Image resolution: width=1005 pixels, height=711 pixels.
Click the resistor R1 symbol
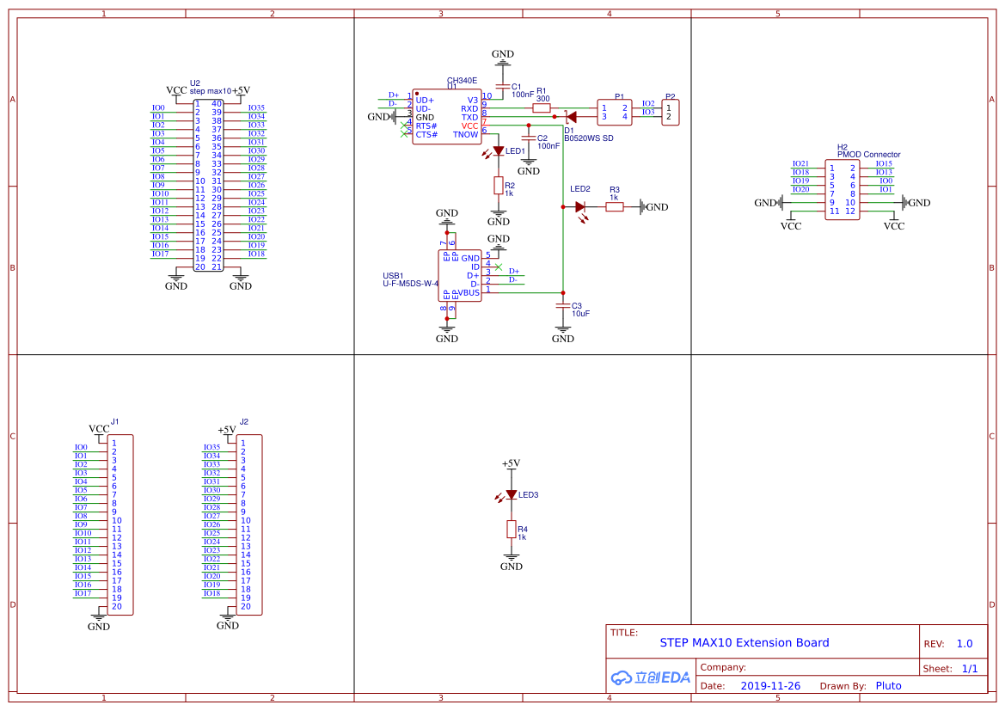click(542, 108)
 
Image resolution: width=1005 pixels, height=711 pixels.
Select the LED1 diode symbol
click(498, 151)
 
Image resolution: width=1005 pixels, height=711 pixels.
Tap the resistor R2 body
click(498, 185)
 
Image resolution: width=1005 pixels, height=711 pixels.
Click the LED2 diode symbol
click(580, 206)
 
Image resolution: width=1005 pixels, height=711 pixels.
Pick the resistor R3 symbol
click(615, 206)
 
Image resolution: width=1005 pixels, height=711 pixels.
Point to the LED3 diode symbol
click(511, 494)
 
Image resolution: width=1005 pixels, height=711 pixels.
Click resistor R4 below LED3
click(511, 529)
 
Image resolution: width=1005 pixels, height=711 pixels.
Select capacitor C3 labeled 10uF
click(563, 305)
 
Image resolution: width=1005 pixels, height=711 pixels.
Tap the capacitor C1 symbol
click(503, 86)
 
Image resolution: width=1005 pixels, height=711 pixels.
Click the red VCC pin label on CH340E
click(469, 126)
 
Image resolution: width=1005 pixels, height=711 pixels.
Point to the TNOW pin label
click(465, 134)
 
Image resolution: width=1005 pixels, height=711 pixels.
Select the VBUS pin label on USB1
click(469, 293)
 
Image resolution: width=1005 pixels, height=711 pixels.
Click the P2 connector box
click(670, 112)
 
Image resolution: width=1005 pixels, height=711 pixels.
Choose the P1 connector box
click(614, 112)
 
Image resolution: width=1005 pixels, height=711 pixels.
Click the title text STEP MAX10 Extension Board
click(744, 643)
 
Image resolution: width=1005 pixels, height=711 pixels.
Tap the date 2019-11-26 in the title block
click(769, 686)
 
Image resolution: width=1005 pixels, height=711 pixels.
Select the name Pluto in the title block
click(888, 686)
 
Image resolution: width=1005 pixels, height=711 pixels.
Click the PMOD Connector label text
click(868, 155)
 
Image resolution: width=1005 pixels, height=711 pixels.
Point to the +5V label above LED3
click(511, 463)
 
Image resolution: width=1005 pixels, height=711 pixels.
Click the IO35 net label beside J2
click(211, 447)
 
